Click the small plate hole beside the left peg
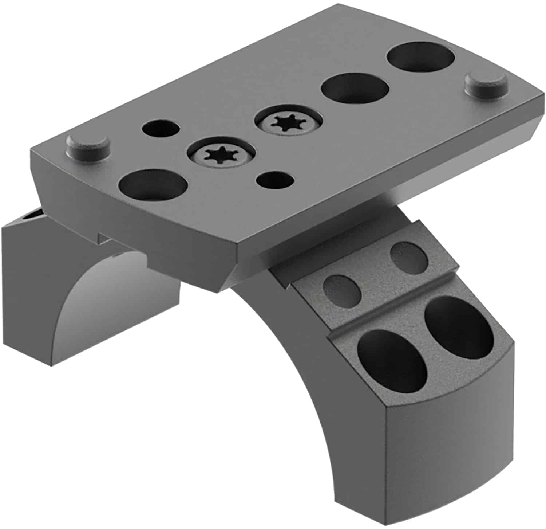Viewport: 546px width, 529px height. coord(161,129)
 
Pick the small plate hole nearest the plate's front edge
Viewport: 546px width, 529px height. coord(275,180)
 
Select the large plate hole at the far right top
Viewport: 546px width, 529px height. coord(421,57)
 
